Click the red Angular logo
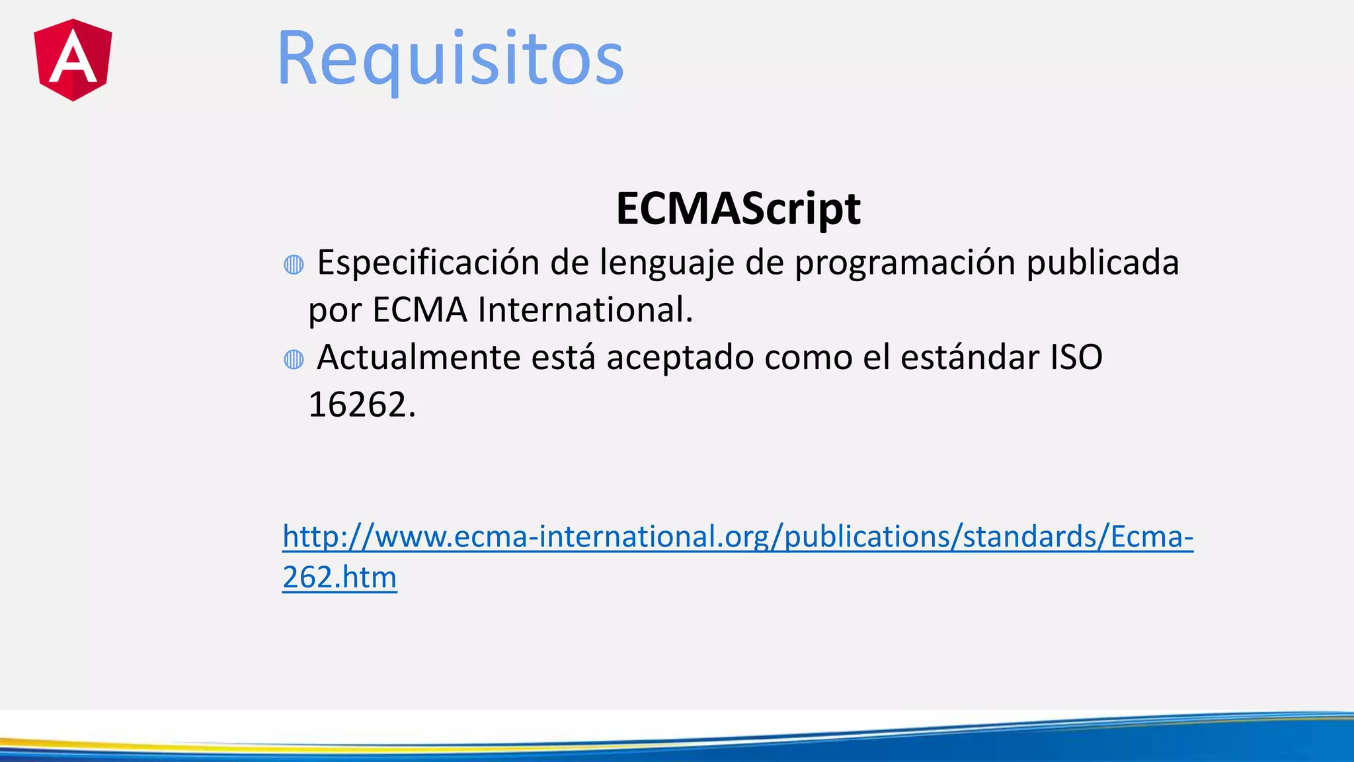[x=73, y=60]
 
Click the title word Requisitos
[x=450, y=60]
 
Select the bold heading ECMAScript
[x=738, y=208]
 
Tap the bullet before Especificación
[x=294, y=265]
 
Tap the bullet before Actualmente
[x=294, y=359]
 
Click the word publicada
[x=1102, y=263]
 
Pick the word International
[x=585, y=310]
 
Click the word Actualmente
[x=418, y=358]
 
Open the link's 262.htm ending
[x=340, y=577]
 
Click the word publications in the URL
[x=867, y=536]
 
